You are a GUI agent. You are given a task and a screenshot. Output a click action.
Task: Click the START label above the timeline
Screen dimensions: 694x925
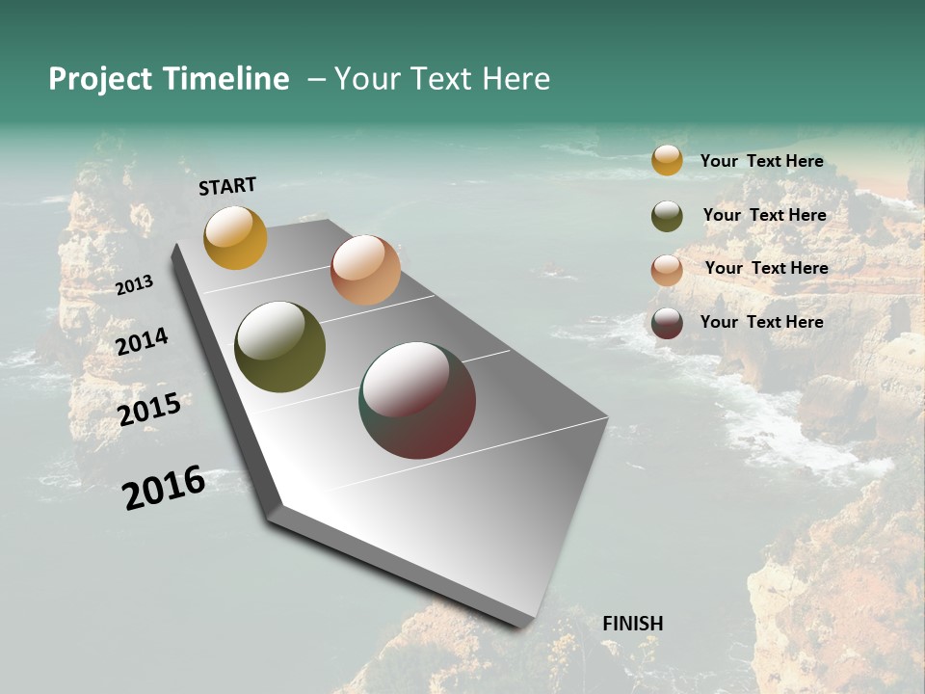pyautogui.click(x=227, y=186)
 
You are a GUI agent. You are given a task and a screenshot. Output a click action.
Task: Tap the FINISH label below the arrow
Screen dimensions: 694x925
pyautogui.click(x=632, y=624)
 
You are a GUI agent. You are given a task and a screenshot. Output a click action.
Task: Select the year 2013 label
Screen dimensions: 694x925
pyautogui.click(x=134, y=285)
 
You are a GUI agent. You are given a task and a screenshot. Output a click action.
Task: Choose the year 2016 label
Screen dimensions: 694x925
pyautogui.click(x=164, y=488)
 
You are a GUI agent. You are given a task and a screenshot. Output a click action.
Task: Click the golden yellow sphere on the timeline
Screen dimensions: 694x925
pyautogui.click(x=235, y=237)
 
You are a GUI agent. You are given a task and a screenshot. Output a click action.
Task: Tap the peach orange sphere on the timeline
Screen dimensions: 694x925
pyautogui.click(x=365, y=270)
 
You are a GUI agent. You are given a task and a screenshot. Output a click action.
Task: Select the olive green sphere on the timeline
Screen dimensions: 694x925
pyautogui.click(x=279, y=347)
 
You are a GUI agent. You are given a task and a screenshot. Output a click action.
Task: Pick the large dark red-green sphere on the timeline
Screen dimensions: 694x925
pyautogui.click(x=417, y=400)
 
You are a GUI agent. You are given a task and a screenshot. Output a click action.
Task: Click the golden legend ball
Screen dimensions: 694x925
pyautogui.click(x=667, y=160)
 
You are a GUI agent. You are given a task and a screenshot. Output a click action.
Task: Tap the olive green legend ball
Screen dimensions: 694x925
pyautogui.click(x=667, y=216)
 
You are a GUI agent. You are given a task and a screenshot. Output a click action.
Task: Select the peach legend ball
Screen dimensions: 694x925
pyautogui.click(x=667, y=270)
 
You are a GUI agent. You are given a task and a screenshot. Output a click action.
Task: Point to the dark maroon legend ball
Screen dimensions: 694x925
pyautogui.click(x=667, y=323)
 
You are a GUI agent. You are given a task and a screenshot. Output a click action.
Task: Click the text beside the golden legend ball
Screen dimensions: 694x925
pyautogui.click(x=761, y=161)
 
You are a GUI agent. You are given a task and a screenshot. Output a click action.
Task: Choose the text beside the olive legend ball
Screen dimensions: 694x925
pyautogui.click(x=764, y=215)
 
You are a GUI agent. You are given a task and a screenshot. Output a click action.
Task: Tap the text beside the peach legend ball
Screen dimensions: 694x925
pyautogui.click(x=766, y=268)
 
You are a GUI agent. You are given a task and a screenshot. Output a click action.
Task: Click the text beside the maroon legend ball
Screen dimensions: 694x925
pyautogui.click(x=761, y=322)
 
